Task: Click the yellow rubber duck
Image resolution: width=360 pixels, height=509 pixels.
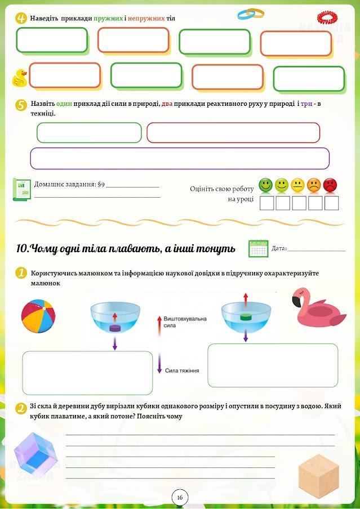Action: [20, 78]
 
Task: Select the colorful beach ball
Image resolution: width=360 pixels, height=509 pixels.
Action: [37, 316]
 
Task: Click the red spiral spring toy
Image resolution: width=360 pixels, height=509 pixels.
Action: [328, 16]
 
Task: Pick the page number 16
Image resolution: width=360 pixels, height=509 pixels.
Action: [180, 497]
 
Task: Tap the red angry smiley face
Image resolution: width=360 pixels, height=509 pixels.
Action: [330, 185]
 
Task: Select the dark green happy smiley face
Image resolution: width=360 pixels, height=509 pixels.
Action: [265, 185]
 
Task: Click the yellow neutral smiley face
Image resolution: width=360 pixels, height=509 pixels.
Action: [297, 185]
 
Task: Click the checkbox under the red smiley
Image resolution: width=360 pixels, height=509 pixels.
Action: [331, 203]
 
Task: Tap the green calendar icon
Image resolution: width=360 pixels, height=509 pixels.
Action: [258, 248]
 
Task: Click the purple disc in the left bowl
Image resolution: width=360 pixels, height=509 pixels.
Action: [115, 328]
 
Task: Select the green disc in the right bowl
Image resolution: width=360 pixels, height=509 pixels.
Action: [245, 317]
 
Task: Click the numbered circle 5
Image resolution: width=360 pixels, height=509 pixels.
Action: [21, 105]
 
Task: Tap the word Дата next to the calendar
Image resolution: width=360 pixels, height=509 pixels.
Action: [279, 248]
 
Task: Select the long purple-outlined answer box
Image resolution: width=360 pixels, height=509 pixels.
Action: [180, 158]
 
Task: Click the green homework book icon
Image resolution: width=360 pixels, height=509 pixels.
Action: [21, 190]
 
